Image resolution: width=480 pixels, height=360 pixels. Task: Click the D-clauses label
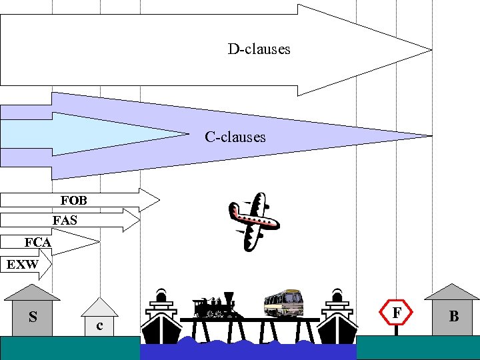259,49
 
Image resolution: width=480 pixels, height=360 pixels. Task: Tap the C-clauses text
235,137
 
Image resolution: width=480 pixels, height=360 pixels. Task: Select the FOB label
73,200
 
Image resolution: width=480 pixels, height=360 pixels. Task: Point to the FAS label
65,221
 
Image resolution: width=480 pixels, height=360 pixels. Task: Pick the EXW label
22,265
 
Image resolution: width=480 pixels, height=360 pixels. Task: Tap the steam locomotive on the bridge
214,306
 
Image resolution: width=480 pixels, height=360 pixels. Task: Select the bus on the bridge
283,303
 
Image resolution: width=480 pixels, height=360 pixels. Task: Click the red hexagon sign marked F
397,312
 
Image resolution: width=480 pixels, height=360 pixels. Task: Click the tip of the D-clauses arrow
430,49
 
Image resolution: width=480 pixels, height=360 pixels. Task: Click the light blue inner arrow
100,134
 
